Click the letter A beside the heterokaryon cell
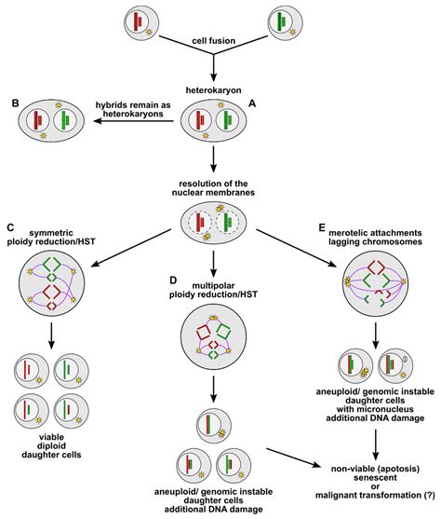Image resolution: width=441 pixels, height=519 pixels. coord(256,106)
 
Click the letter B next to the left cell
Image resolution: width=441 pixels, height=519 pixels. coord(11,102)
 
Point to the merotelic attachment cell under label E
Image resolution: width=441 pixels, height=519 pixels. coord(378,284)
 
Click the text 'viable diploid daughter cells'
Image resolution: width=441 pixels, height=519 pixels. coord(54,445)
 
